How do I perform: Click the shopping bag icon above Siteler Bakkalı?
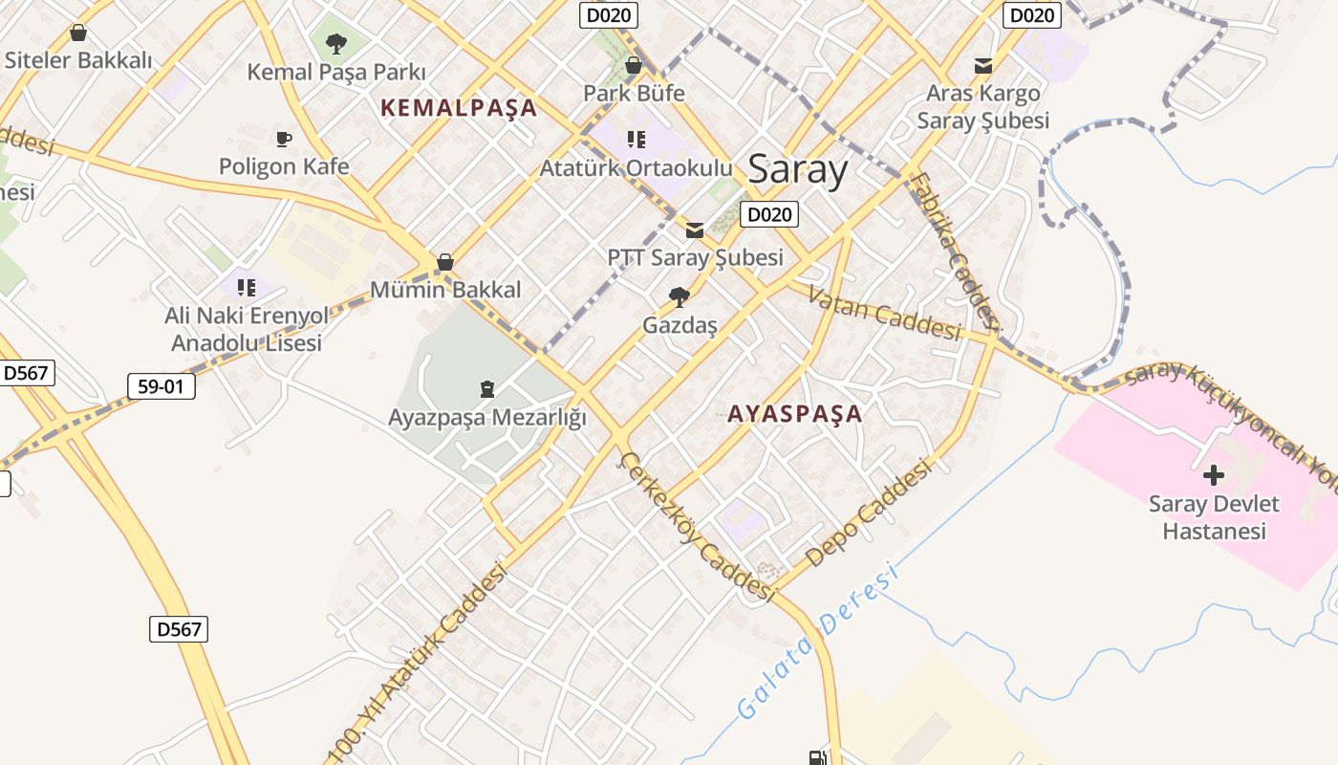point(78,33)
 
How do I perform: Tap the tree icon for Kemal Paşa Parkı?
point(335,43)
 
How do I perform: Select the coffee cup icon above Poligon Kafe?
point(284,139)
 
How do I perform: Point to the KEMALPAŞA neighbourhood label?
point(459,108)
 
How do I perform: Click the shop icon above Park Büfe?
point(633,65)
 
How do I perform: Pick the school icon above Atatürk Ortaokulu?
point(637,140)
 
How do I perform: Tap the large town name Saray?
point(797,169)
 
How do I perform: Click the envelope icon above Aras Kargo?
point(982,66)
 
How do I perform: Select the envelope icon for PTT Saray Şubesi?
point(695,229)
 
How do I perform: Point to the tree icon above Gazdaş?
point(680,296)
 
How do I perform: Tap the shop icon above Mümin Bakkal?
point(444,261)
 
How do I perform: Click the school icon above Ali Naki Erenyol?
point(247,287)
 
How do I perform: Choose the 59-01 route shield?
point(161,386)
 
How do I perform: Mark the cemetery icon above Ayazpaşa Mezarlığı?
point(487,389)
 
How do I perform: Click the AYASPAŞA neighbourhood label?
point(794,414)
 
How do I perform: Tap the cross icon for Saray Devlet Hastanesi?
point(1214,474)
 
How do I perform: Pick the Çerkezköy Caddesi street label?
point(697,527)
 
